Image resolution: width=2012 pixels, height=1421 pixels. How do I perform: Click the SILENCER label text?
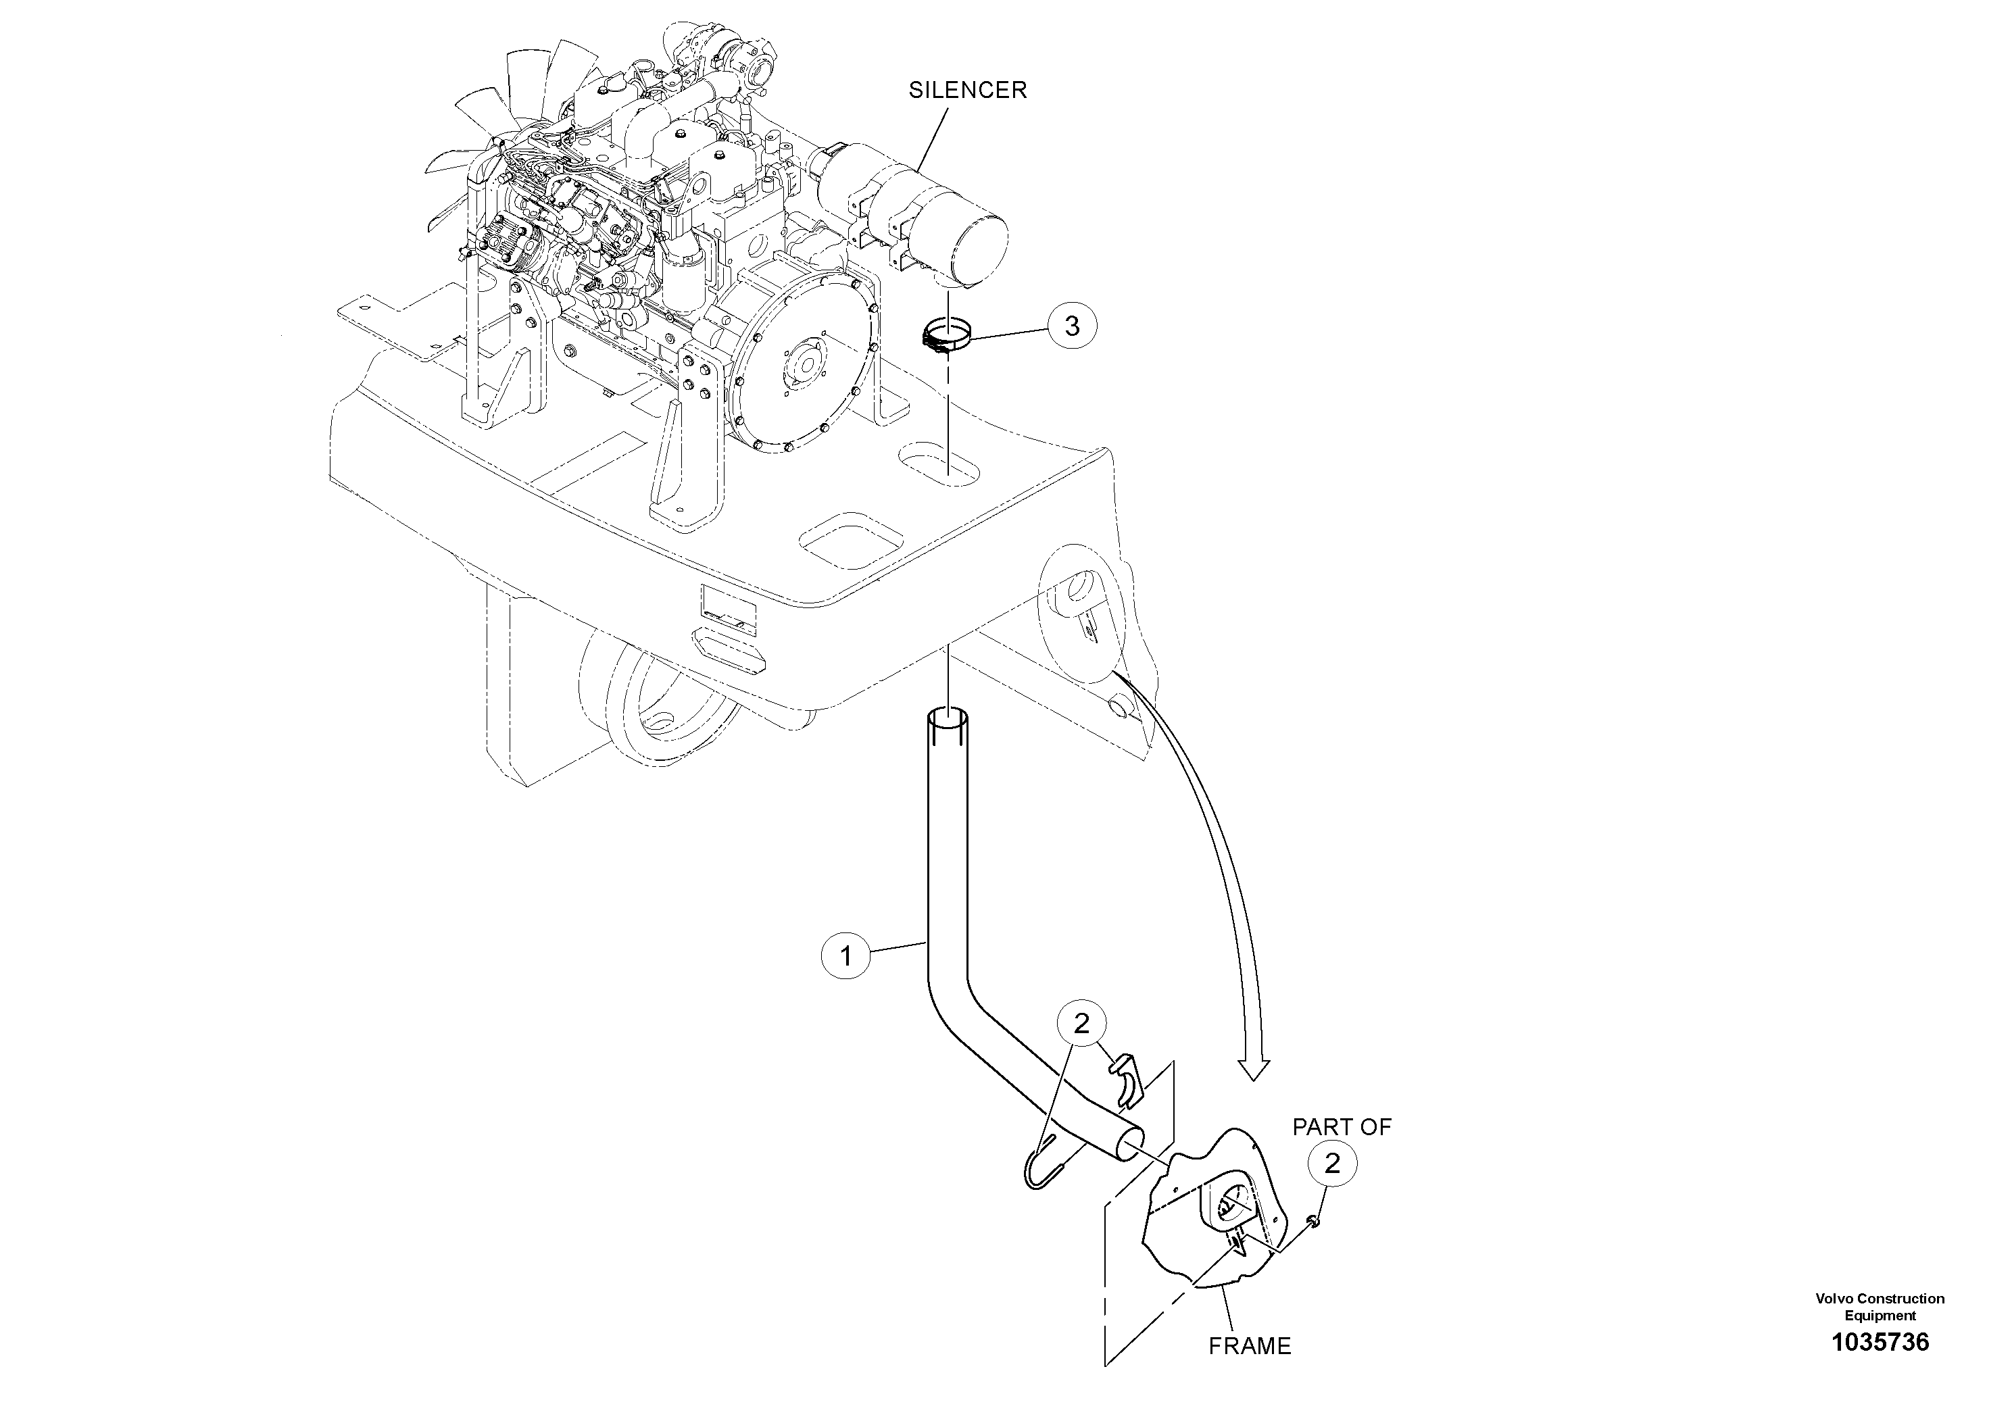[966, 91]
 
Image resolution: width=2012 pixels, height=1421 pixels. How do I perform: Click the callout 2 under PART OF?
[1332, 1164]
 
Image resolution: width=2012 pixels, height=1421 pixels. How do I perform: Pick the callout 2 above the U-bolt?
[1081, 1023]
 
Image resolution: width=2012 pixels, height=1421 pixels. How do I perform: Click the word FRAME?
[1250, 1345]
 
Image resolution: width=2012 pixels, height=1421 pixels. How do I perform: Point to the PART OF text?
[1342, 1126]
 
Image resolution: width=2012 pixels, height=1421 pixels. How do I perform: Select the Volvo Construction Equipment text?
[1880, 1306]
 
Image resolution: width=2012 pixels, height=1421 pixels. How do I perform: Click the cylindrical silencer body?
[929, 219]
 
